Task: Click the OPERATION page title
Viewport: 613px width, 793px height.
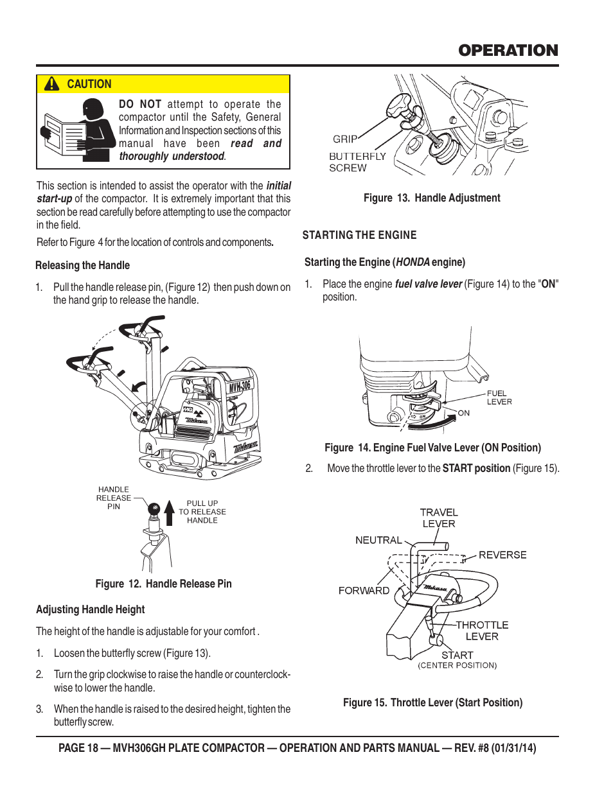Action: tap(508, 51)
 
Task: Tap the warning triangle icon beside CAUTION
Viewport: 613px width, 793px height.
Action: tap(52, 84)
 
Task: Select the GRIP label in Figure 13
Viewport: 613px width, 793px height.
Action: tap(344, 139)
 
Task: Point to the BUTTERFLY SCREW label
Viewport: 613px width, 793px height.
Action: tap(357, 162)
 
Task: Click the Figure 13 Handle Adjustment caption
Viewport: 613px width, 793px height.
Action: tap(432, 198)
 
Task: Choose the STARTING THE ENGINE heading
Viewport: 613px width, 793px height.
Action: tap(360, 235)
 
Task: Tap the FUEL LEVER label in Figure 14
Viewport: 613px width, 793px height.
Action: tap(499, 397)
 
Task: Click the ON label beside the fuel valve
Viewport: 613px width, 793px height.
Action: tap(463, 413)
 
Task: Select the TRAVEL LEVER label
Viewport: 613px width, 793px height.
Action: tap(439, 518)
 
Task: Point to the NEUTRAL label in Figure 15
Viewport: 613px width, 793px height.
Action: tap(378, 540)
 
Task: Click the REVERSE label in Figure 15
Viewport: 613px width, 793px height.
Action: tap(502, 555)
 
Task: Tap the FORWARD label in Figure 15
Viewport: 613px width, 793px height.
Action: tap(364, 591)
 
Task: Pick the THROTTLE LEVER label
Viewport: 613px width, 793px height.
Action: tap(482, 631)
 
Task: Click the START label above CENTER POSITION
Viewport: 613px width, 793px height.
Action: tap(457, 655)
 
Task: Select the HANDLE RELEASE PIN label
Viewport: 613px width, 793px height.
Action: tap(114, 498)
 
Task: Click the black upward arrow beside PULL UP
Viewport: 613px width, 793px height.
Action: tap(169, 512)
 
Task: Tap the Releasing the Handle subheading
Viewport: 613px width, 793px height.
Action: tap(83, 265)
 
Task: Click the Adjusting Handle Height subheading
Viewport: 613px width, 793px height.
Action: tap(91, 609)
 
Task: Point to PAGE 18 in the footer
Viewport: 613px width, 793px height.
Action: tap(78, 748)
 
